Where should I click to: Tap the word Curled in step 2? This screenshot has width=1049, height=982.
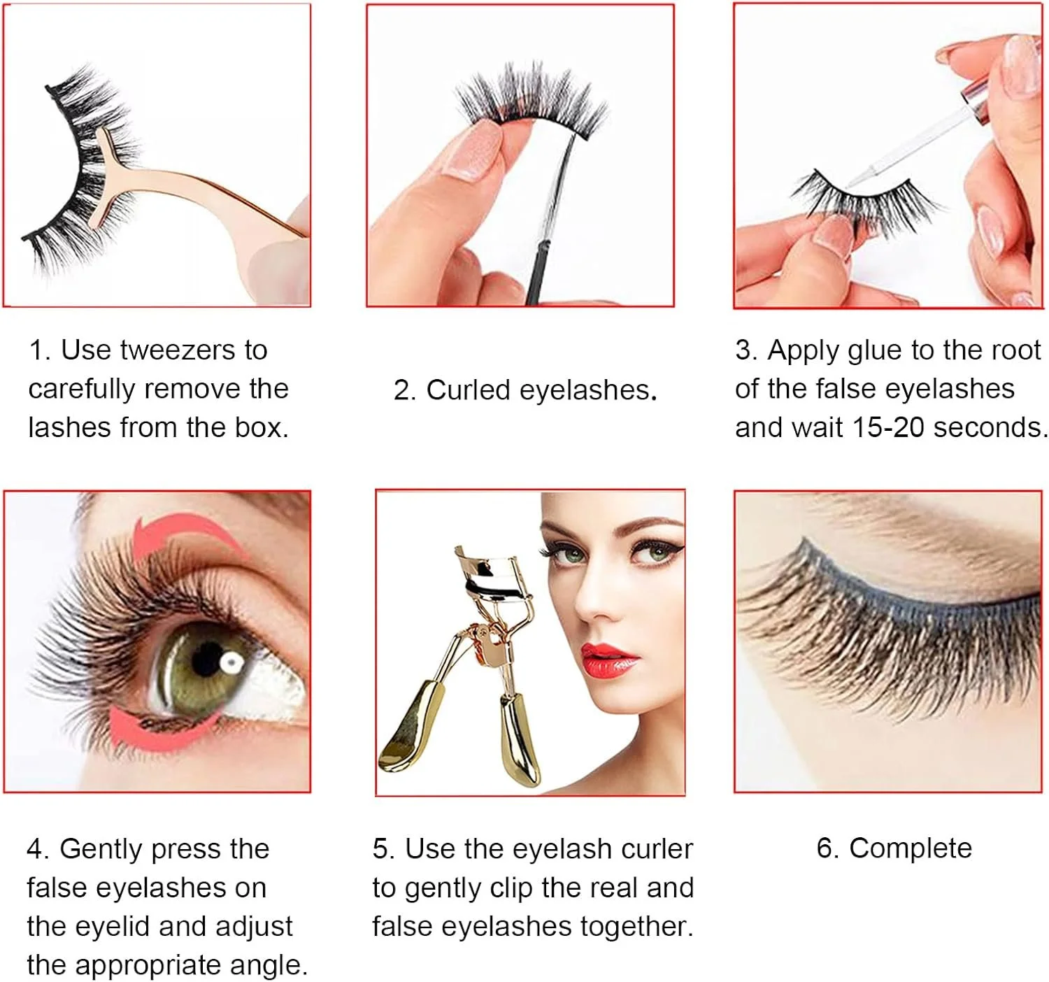click(x=468, y=390)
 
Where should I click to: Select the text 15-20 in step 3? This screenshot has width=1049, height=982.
click(x=888, y=427)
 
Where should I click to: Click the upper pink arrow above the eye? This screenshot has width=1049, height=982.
click(x=185, y=534)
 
